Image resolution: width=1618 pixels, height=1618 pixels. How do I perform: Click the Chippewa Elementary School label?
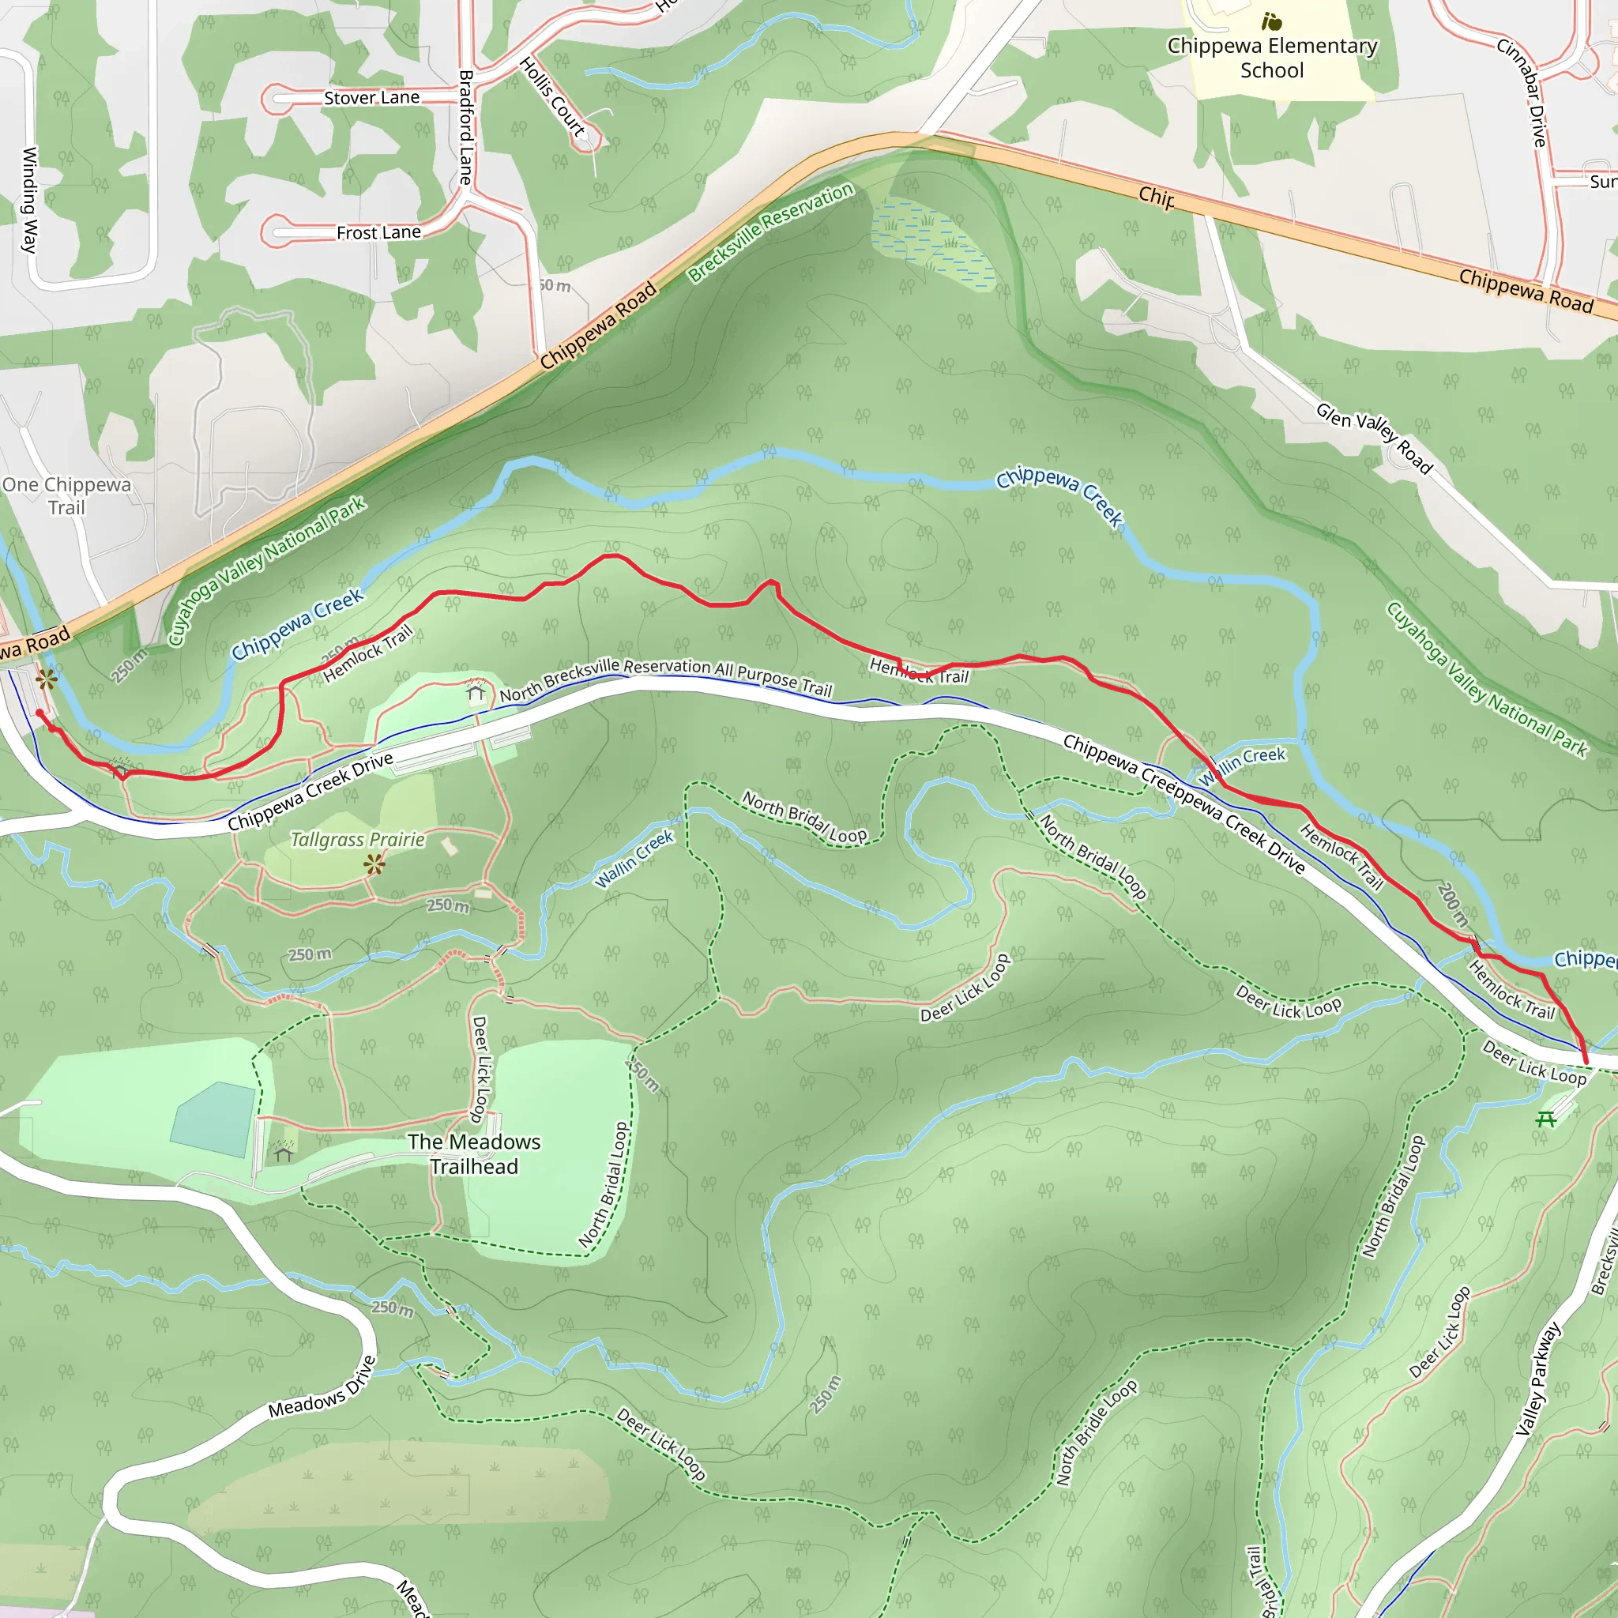[x=1271, y=58]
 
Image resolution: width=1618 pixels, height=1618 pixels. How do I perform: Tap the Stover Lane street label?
[x=372, y=98]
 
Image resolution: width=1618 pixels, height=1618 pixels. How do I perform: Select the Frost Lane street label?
[x=378, y=233]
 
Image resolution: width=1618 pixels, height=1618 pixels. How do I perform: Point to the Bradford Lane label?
[x=465, y=126]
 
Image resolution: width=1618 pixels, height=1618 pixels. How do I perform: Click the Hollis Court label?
[x=552, y=96]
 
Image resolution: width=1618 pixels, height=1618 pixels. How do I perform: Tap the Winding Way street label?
[x=29, y=199]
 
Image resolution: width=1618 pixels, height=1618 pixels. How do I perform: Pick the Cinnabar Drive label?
[x=1522, y=92]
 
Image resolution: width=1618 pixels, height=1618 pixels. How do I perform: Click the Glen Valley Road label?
[x=1373, y=437]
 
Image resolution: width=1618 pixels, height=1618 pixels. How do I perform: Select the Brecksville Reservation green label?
[x=770, y=232]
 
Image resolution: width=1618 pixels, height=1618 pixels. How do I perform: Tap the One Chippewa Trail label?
[x=67, y=496]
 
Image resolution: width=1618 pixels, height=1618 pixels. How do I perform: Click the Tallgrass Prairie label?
[x=358, y=840]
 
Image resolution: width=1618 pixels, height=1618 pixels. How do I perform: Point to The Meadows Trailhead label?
[x=474, y=1154]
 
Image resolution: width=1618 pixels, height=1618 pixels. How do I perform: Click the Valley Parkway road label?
[x=1538, y=1379]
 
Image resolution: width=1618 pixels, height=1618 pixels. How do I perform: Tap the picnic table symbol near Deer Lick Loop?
[x=1546, y=1119]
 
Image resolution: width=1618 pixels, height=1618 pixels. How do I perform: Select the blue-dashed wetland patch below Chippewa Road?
[x=931, y=243]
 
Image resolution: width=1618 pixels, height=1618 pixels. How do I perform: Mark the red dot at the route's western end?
[x=40, y=713]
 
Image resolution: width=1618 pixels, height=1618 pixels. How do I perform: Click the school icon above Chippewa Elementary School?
[x=1271, y=21]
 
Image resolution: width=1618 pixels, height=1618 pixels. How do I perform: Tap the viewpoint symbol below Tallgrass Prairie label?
[x=374, y=864]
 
